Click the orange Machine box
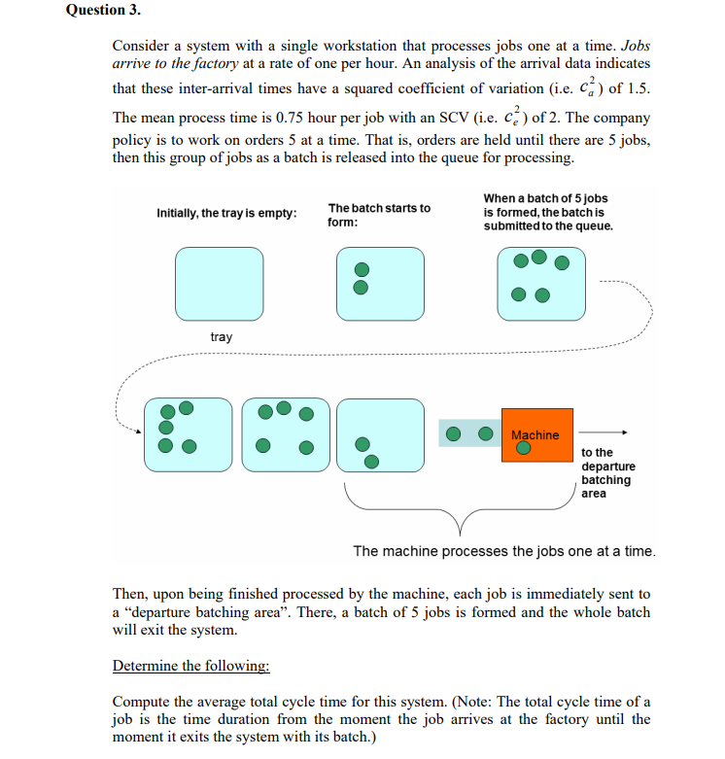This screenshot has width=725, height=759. (535, 435)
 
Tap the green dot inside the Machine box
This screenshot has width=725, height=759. (523, 449)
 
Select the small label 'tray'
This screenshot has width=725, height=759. (222, 337)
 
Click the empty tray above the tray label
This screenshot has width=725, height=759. (219, 284)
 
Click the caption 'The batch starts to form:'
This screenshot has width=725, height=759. (378, 215)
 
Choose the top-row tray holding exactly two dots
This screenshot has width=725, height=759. (380, 284)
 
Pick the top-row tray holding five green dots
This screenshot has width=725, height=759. (541, 284)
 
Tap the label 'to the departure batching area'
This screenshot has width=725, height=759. (607, 472)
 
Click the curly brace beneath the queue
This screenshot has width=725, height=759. (459, 510)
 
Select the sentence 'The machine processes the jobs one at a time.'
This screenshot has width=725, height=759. (503, 551)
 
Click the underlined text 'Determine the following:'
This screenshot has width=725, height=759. (191, 666)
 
